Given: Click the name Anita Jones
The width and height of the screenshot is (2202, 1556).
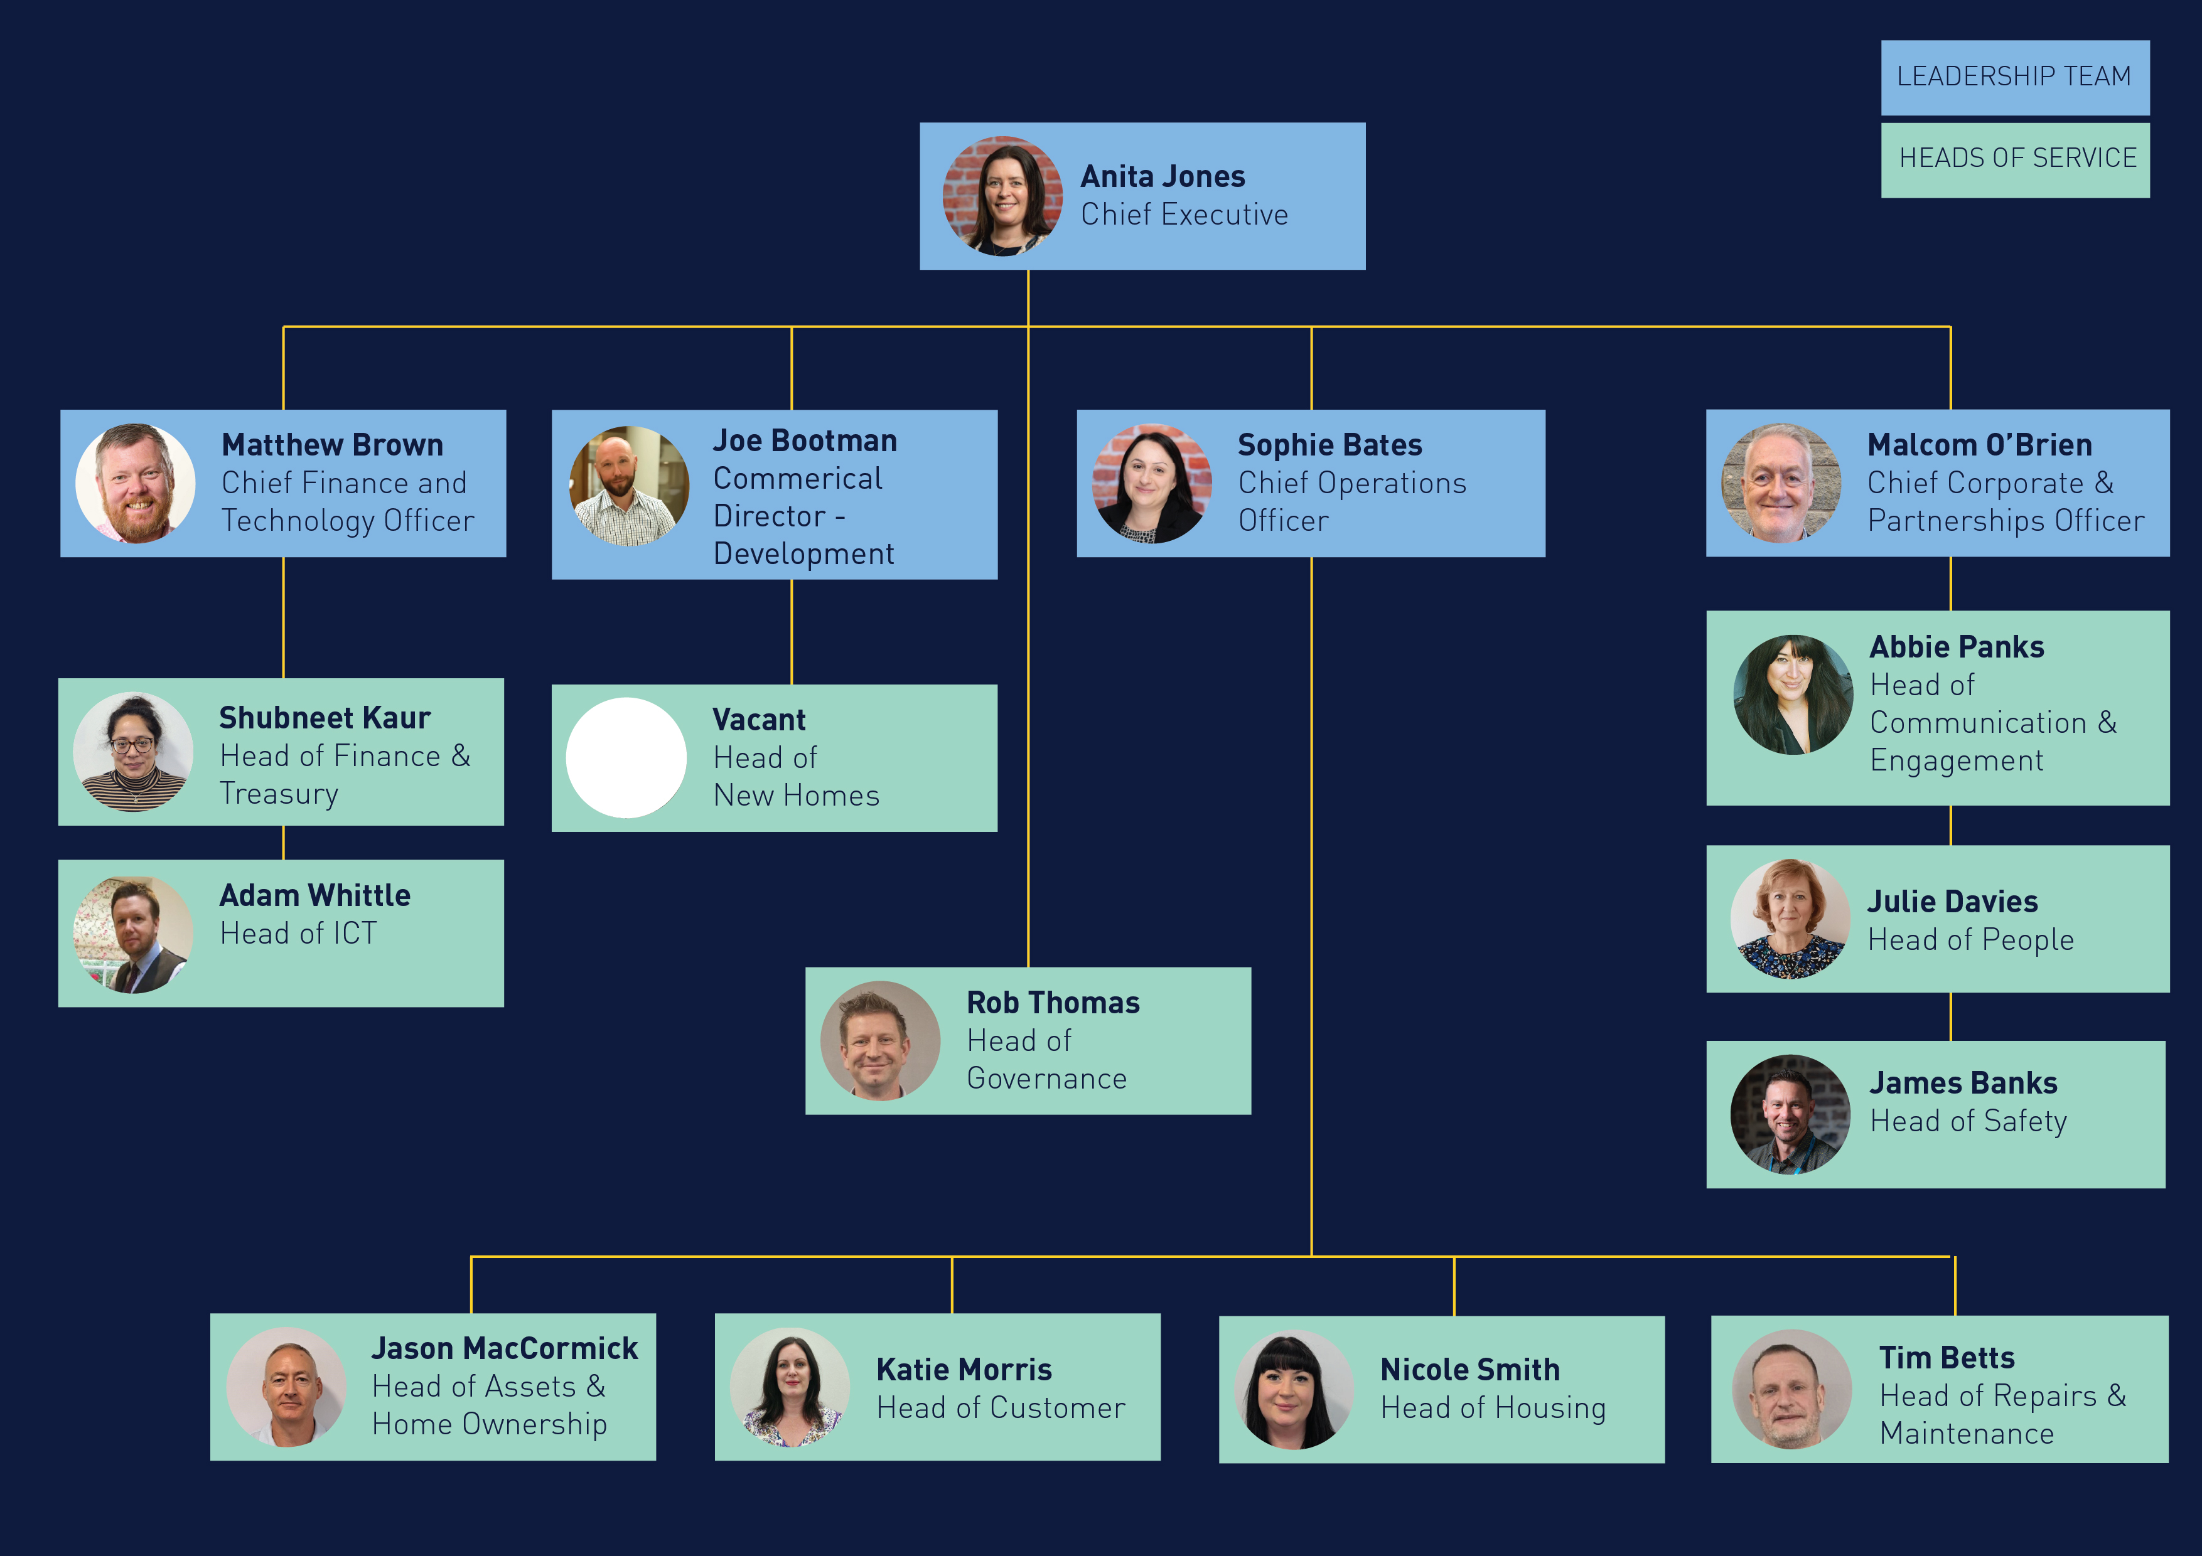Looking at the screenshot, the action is pyautogui.click(x=1163, y=176).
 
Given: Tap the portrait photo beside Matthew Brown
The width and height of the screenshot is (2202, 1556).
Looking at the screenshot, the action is pyautogui.click(x=135, y=483).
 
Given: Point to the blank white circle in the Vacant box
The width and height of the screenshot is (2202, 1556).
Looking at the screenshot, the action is pyautogui.click(x=626, y=757).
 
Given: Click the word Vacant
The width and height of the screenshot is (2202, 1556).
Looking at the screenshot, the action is pyautogui.click(x=759, y=720).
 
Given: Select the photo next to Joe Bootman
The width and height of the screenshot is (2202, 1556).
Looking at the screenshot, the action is pyautogui.click(x=629, y=486).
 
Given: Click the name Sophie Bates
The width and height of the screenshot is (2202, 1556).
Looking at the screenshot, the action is pyautogui.click(x=1329, y=445).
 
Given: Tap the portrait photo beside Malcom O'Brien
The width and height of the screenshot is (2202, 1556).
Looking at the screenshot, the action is pyautogui.click(x=1781, y=483).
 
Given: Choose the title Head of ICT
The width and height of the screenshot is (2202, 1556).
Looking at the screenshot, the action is pyautogui.click(x=298, y=933).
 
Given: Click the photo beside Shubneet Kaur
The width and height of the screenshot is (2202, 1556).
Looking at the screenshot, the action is pyautogui.click(x=133, y=752).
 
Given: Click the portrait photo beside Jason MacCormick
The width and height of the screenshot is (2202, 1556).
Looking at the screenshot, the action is pyautogui.click(x=286, y=1387).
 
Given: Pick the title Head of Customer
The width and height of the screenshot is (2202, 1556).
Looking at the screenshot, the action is pyautogui.click(x=1001, y=1407).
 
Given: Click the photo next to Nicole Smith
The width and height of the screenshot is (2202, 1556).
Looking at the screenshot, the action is pyautogui.click(x=1294, y=1389).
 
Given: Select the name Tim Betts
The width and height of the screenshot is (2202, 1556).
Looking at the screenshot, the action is pyautogui.click(x=1947, y=1358).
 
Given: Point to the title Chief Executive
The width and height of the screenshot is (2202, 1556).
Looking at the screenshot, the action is pyautogui.click(x=1184, y=215).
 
